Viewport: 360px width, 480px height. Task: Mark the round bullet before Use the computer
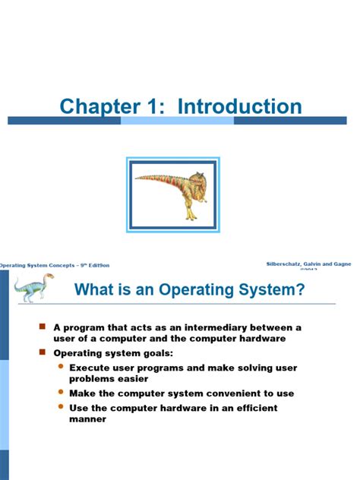tap(61, 408)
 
